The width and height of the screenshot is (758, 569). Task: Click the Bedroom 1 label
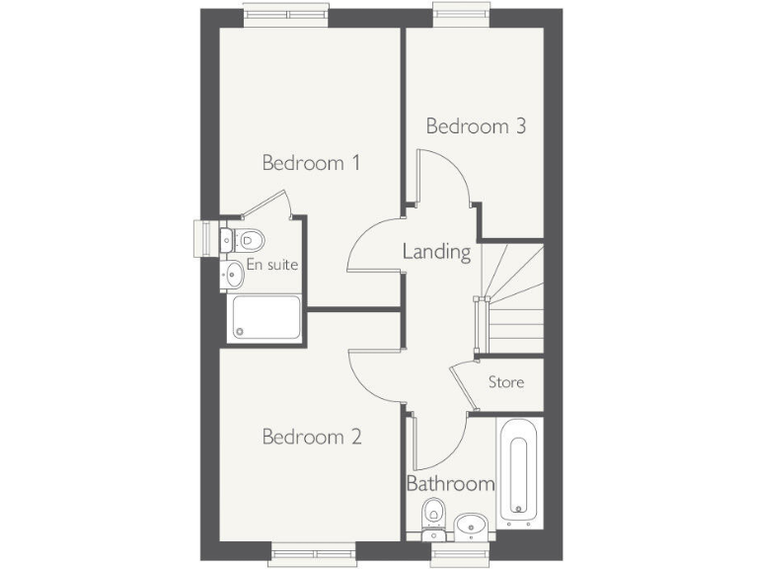point(310,163)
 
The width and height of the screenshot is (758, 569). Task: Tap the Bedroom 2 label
point(312,437)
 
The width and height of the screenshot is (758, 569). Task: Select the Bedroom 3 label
point(475,126)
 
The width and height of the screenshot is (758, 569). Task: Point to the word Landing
point(436,252)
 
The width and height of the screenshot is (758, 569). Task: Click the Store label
point(506,382)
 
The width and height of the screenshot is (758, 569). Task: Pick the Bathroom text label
point(450,484)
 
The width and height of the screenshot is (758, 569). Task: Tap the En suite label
point(271,265)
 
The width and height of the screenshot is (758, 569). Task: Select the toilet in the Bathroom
point(433,517)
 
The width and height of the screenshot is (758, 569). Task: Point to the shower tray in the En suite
point(264,318)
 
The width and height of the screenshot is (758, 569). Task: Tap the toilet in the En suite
point(247,238)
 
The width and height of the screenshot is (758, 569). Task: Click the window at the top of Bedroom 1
point(286,15)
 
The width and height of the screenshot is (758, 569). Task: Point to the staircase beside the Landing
point(513,296)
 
